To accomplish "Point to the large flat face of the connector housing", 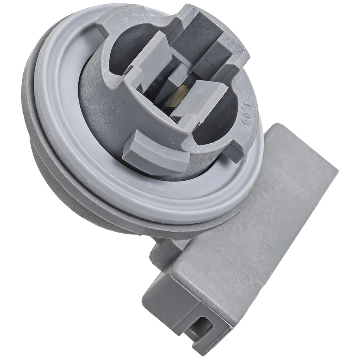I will [x=255, y=225].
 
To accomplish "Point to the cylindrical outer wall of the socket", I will [x=97, y=112].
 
